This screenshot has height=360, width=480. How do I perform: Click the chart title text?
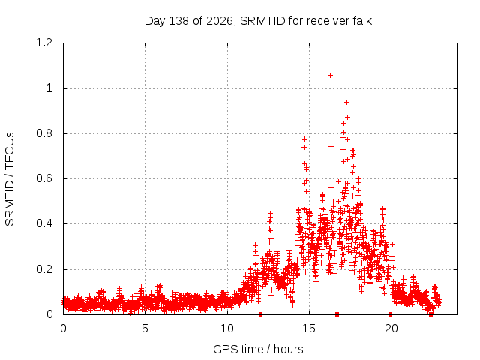click(x=258, y=21)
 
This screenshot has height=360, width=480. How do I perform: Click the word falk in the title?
click(x=361, y=20)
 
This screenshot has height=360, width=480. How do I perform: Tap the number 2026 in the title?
click(x=220, y=21)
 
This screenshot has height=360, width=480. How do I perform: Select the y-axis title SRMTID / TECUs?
click(x=10, y=179)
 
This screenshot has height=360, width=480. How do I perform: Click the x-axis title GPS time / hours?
click(x=258, y=349)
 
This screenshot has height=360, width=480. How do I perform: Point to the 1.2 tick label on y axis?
click(x=44, y=43)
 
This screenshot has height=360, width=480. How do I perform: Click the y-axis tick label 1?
click(x=49, y=88)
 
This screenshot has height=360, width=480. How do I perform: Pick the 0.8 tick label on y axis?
click(x=44, y=133)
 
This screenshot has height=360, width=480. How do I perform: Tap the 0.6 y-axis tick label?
click(x=44, y=178)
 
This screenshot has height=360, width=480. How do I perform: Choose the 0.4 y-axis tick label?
click(x=44, y=223)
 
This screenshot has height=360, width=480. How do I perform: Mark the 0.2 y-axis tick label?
click(x=44, y=269)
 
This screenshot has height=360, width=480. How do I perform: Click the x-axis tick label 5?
click(x=145, y=328)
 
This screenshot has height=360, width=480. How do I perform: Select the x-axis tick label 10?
click(x=227, y=328)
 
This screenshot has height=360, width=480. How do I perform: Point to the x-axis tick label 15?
click(x=309, y=328)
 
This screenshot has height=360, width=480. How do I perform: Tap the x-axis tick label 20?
click(x=391, y=328)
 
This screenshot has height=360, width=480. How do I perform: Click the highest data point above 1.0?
click(x=330, y=75)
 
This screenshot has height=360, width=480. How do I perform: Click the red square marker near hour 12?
click(x=261, y=314)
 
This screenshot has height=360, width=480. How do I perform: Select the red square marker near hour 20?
click(x=390, y=314)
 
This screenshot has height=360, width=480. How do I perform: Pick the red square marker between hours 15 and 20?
click(x=337, y=314)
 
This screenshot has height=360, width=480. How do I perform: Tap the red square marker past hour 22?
click(x=430, y=315)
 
